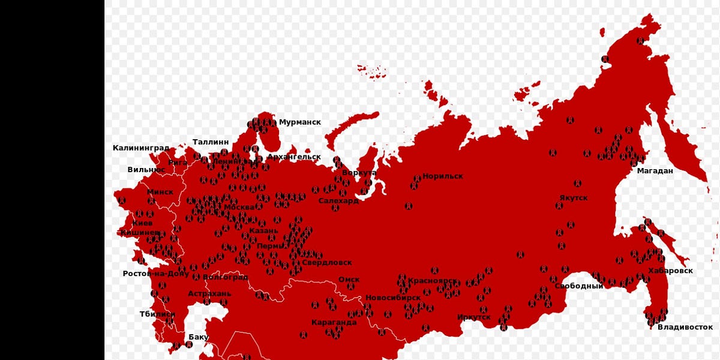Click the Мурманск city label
tap(299, 122)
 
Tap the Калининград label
tap(140, 148)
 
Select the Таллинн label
tap(210, 142)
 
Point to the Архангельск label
tap(294, 157)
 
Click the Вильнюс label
tap(146, 170)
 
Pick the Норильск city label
tap(442, 176)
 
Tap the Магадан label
tap(655, 171)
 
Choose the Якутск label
tap(574, 198)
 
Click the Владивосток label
tap(685, 327)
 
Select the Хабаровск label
tap(670, 271)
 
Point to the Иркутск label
tap(473, 317)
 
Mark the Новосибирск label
tap(393, 298)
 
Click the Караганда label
tap(334, 322)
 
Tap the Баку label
tap(198, 337)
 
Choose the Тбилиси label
tap(157, 314)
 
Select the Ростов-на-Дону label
tap(155, 274)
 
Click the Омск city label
tap(349, 280)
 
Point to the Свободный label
tap(578, 286)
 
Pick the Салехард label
tap(338, 201)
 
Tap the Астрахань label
tap(209, 294)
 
